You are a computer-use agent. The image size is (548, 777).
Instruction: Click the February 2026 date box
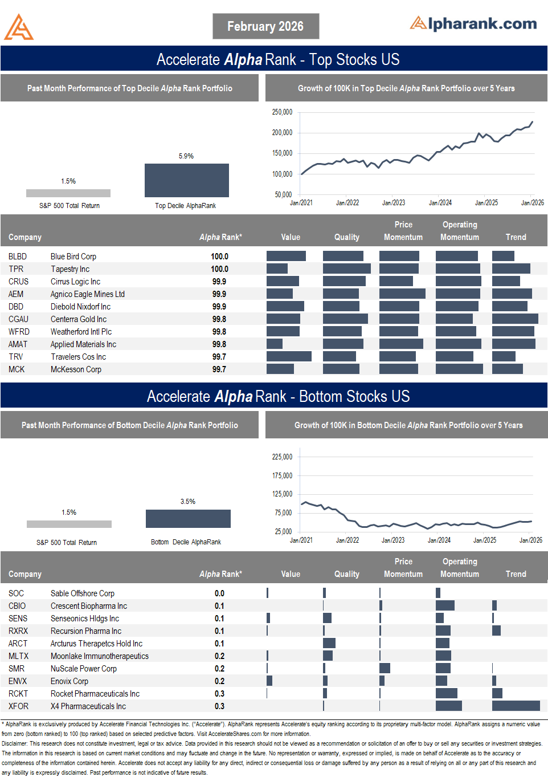265,26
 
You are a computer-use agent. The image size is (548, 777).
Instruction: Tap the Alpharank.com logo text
473,23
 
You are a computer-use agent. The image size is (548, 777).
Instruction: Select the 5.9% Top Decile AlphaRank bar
186,180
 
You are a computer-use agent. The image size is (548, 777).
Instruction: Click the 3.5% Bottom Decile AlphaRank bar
188,518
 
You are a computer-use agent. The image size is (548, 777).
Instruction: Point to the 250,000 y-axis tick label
282,112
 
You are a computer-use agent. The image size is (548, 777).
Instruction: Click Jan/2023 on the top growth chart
394,202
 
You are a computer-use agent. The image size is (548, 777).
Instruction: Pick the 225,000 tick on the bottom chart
282,457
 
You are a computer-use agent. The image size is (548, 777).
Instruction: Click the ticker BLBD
18,257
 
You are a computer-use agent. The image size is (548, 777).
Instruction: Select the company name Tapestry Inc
70,269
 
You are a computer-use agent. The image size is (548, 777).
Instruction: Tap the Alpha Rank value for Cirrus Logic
219,282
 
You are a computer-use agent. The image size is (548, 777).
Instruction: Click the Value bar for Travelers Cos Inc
289,356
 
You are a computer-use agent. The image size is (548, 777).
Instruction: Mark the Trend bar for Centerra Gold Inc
515,319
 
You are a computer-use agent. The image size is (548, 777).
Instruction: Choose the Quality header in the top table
346,237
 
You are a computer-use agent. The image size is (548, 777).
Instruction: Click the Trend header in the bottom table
516,574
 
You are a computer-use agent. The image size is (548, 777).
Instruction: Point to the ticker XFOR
18,706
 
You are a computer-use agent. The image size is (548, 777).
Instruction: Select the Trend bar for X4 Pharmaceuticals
516,706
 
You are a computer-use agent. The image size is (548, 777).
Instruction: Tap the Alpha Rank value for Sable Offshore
219,593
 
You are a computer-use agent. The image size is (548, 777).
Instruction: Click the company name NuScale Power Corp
84,669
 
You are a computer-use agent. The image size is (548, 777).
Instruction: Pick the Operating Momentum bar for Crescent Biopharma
445,605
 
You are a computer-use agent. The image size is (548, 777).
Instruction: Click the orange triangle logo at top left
19,27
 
